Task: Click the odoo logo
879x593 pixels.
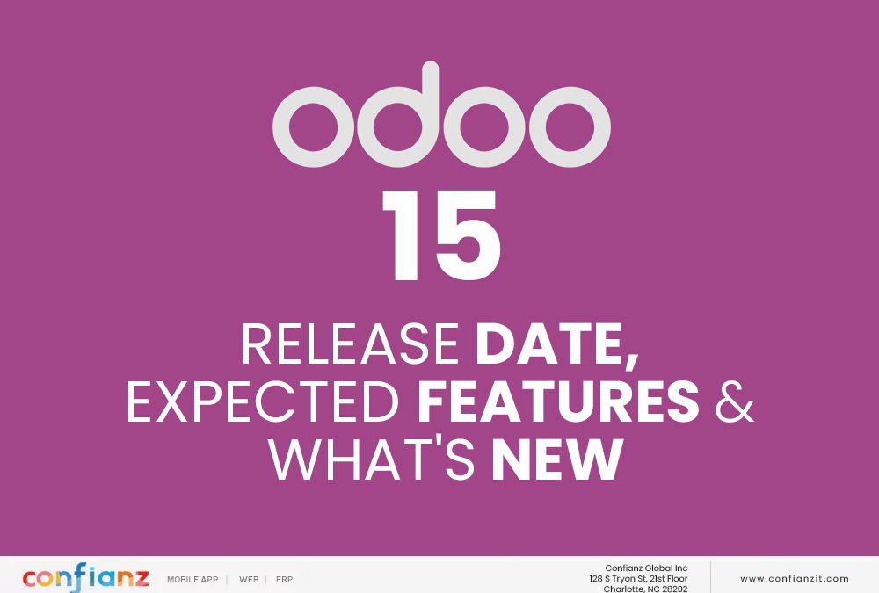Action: [x=441, y=114]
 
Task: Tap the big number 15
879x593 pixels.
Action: [x=440, y=235]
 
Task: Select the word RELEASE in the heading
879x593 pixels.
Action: [x=351, y=344]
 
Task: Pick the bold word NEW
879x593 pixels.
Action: [x=557, y=459]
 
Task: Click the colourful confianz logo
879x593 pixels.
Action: [x=86, y=577]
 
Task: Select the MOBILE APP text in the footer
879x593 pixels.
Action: [x=193, y=580]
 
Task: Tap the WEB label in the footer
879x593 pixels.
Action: [x=249, y=580]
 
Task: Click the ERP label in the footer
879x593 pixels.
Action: [x=284, y=580]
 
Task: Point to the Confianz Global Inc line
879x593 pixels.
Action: [x=646, y=568]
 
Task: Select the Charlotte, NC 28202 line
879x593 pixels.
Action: [x=645, y=589]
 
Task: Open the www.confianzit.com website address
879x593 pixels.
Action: [x=795, y=578]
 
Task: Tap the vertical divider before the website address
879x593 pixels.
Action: [x=710, y=577]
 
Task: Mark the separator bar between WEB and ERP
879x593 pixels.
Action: [x=265, y=580]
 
